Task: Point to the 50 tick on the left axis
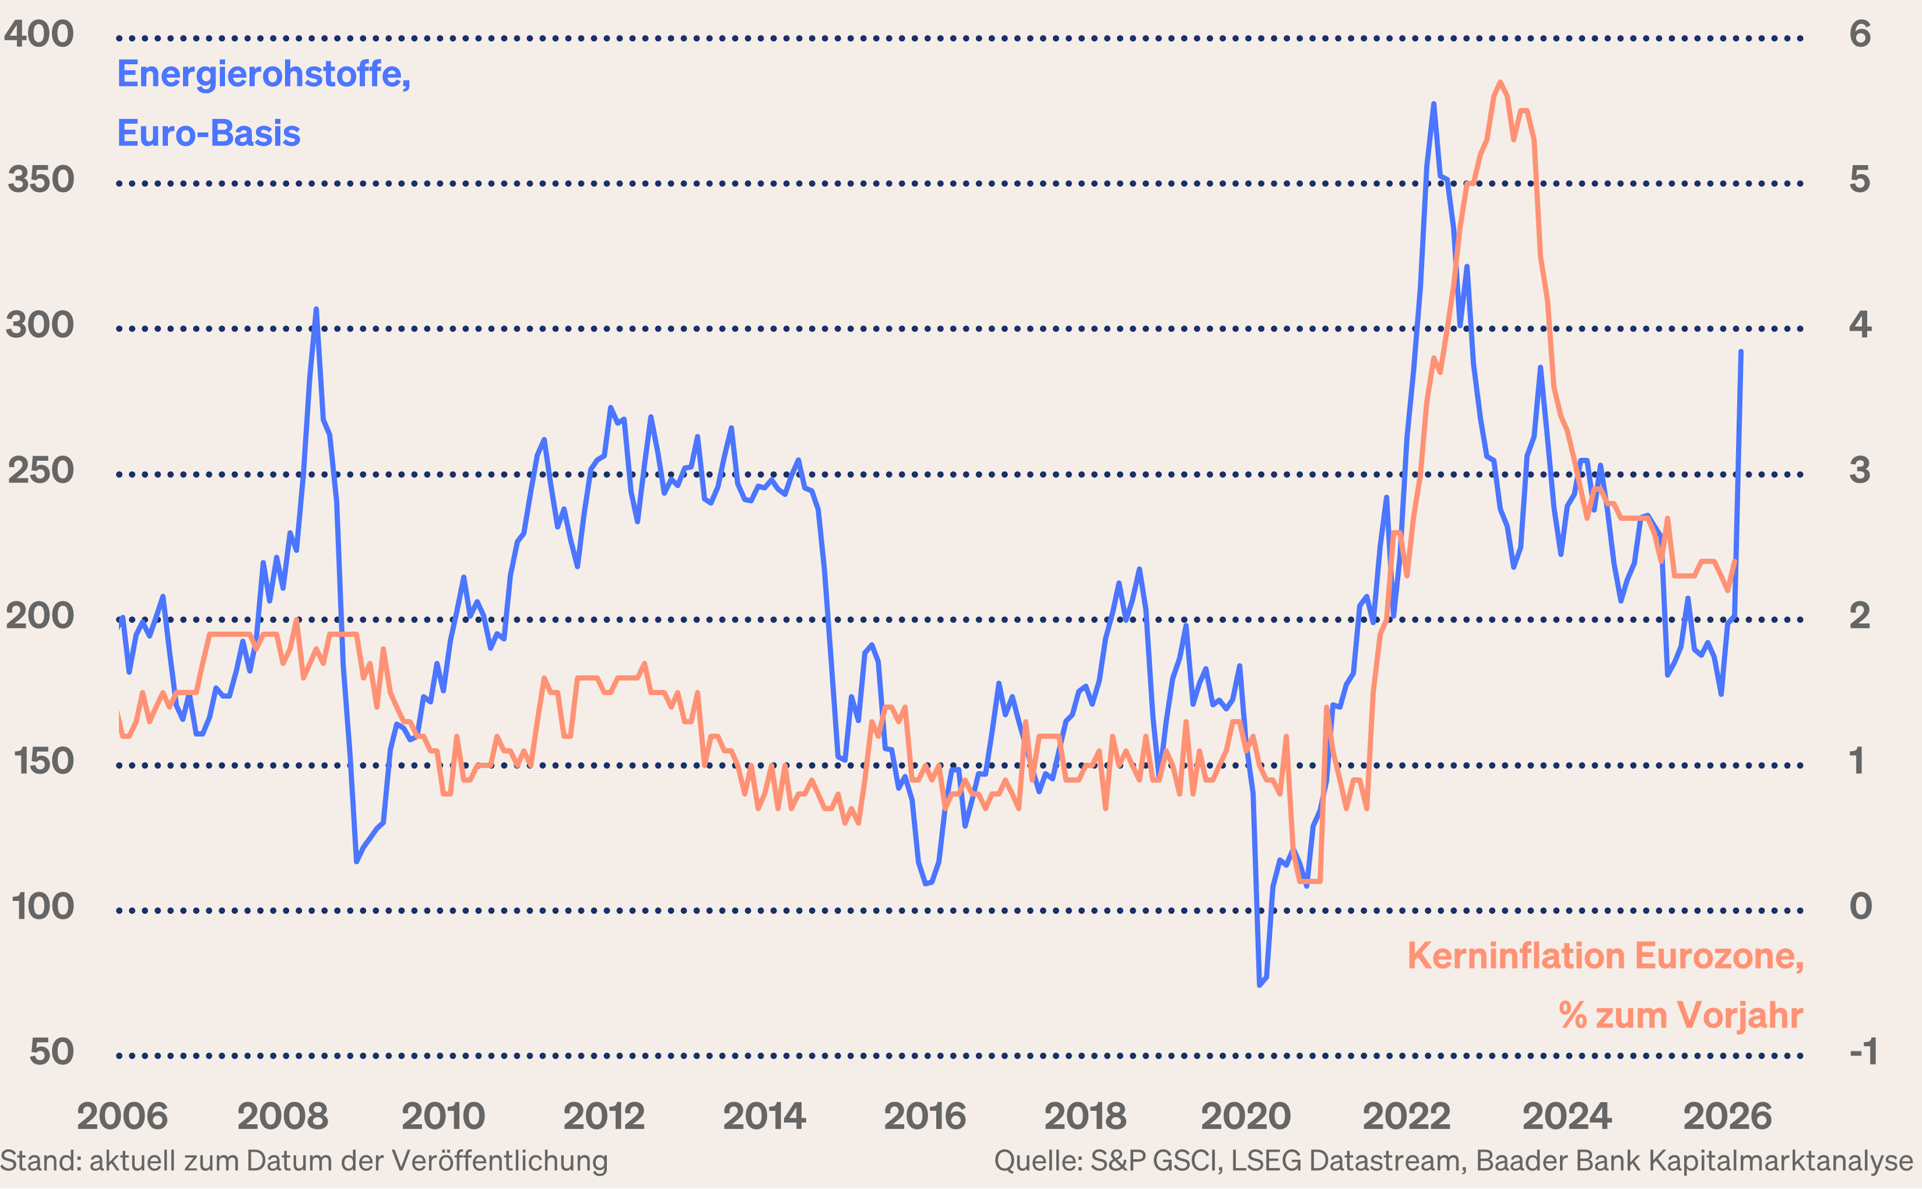(x=52, y=1052)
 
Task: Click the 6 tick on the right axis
(x=1860, y=35)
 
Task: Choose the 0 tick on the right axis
(x=1860, y=907)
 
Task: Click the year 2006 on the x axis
(x=123, y=1116)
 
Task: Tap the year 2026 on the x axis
(x=1727, y=1116)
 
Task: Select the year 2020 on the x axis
(x=1245, y=1116)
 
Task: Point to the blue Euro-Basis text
(x=208, y=134)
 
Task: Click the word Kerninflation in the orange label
(x=1516, y=956)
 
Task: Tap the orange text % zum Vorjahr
(x=1681, y=1015)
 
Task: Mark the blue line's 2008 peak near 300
(x=316, y=310)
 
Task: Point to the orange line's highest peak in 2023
(x=1500, y=83)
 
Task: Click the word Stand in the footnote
(x=40, y=1160)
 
